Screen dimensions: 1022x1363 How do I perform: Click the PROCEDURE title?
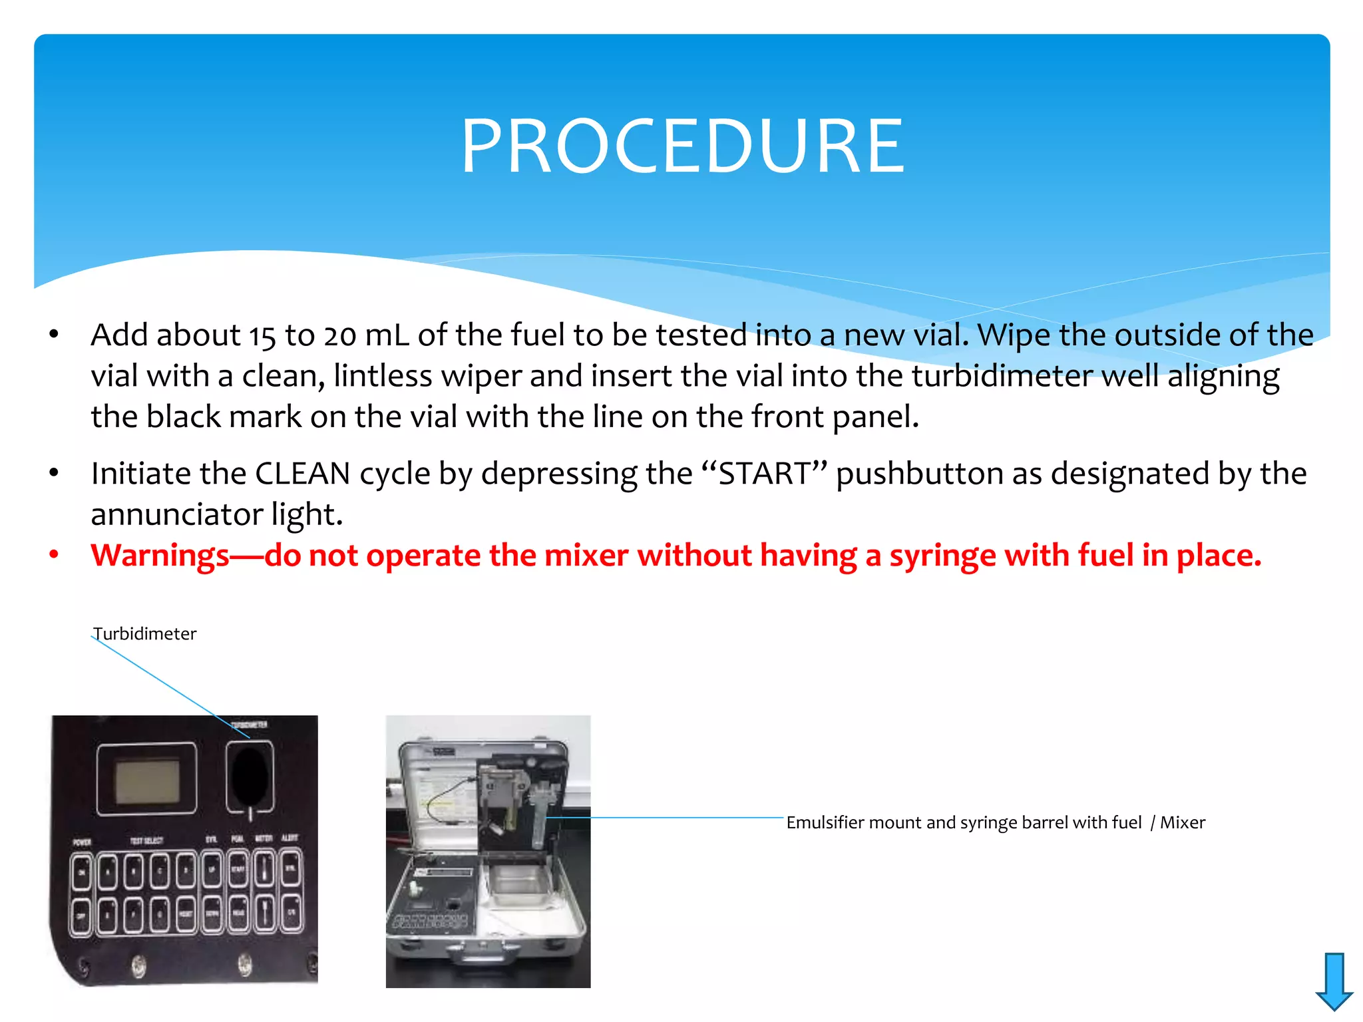click(681, 146)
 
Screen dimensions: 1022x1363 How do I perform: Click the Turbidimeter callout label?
click(145, 633)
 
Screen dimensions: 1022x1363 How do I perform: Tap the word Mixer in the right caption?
click(1183, 823)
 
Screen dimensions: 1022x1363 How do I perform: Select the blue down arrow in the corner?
click(1334, 981)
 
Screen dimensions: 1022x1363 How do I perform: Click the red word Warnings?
click(160, 556)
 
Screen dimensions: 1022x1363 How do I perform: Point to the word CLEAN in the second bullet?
click(303, 474)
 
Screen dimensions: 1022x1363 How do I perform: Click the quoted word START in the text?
click(764, 474)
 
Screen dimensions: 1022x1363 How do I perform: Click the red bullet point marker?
click(54, 554)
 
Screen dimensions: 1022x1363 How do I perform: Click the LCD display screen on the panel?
click(147, 780)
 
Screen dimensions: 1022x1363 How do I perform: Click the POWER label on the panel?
click(82, 842)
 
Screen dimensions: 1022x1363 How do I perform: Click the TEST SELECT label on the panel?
click(146, 841)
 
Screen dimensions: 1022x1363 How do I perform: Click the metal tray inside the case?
click(516, 886)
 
